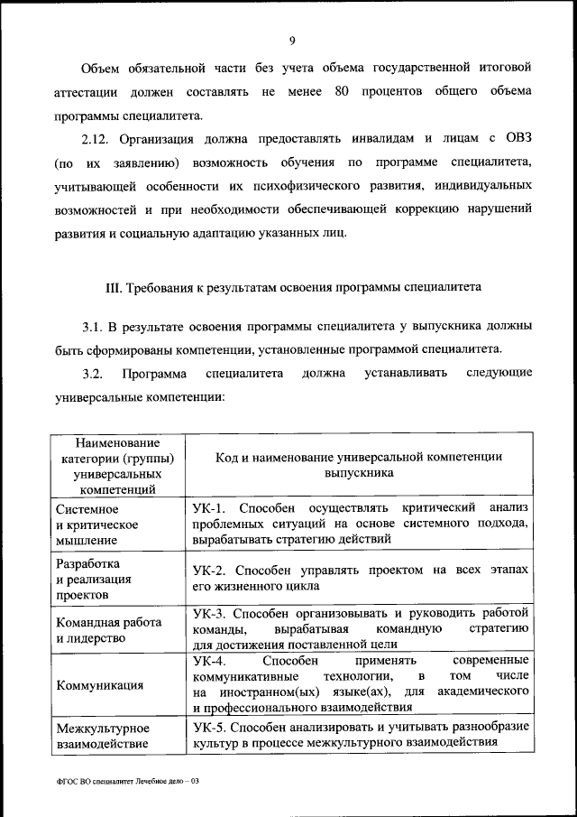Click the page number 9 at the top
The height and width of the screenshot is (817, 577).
[293, 40]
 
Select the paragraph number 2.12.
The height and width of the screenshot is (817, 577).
[95, 137]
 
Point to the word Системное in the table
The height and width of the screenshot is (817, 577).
[86, 508]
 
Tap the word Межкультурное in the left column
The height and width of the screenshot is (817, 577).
[102, 727]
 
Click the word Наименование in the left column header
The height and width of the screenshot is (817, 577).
[117, 443]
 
